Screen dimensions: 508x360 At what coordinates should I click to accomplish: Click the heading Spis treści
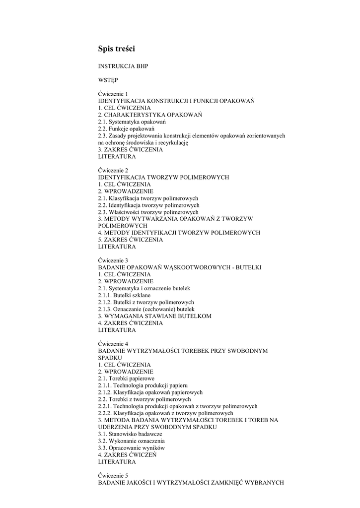pos(117,49)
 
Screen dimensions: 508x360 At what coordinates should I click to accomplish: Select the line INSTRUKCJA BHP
pos(123,66)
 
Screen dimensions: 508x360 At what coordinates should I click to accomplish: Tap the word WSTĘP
pos(108,80)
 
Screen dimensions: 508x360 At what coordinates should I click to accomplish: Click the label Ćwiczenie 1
pos(113,94)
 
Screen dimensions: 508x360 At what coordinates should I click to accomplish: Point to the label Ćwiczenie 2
pos(113,170)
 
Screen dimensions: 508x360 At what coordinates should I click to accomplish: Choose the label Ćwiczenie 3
pos(113,260)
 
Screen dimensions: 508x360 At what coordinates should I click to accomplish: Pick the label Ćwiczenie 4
pos(113,344)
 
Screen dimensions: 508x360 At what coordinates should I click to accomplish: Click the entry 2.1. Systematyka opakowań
pos(132,122)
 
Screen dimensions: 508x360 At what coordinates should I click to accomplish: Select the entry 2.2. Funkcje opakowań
pos(126,128)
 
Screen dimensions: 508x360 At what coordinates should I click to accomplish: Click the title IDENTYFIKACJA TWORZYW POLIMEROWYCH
pos(163,177)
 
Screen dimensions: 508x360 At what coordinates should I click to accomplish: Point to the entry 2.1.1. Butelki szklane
pos(124,295)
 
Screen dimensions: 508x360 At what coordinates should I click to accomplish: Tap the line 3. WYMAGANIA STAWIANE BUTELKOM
pos(155,316)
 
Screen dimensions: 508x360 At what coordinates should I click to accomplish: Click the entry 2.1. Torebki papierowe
pos(126,379)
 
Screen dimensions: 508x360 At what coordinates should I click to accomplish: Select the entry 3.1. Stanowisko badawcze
pos(130,434)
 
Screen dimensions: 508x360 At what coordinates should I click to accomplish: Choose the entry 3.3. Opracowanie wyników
pos(132,448)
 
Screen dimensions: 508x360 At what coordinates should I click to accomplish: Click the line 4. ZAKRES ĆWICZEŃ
pos(128,455)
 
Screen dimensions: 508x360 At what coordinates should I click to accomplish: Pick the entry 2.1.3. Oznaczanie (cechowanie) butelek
pos(143,309)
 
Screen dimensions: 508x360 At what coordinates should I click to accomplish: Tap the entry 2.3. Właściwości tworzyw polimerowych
pos(148,212)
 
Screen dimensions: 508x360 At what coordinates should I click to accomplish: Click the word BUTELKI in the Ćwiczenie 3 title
pos(247,267)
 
